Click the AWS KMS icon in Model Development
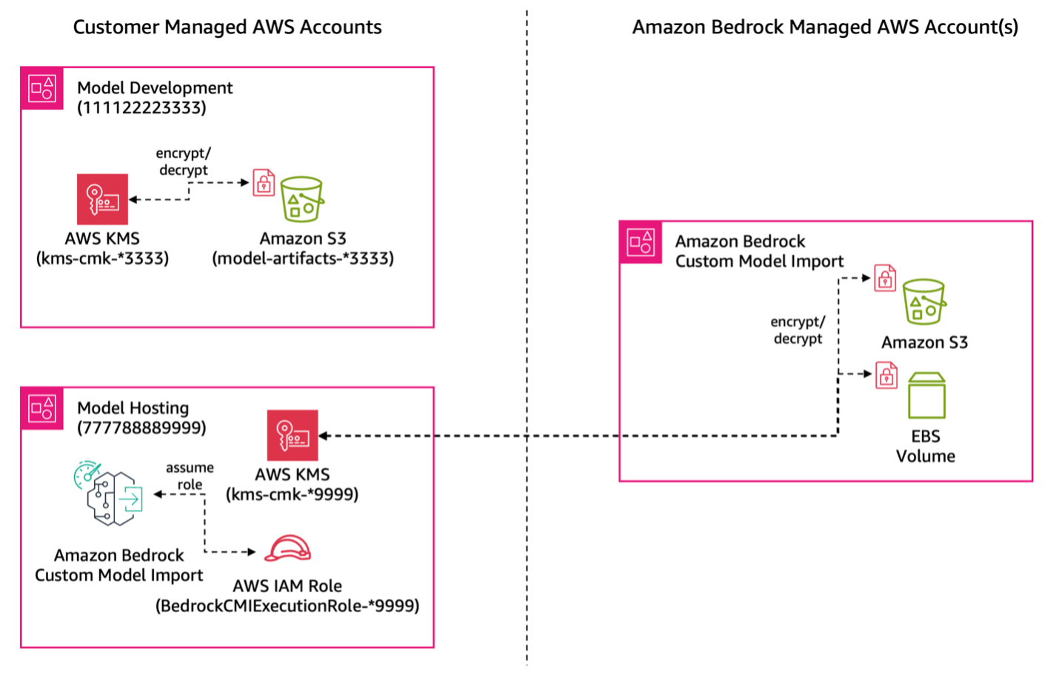[102, 199]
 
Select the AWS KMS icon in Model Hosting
[293, 436]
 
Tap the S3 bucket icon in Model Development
[301, 199]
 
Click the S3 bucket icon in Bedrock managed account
[923, 302]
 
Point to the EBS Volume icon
[926, 396]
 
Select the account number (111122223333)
[141, 108]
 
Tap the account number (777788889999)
[141, 428]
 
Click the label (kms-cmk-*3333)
[102, 259]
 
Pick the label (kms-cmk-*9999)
[292, 494]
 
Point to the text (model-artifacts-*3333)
[303, 259]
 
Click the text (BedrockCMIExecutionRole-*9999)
[287, 606]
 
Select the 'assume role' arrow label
[190, 476]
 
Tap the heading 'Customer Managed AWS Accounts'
[227, 27]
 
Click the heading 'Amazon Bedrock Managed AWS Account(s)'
[825, 27]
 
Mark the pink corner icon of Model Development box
[42, 89]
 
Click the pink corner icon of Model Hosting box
[42, 408]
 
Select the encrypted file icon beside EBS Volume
[886, 376]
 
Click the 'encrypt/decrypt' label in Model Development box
[183, 162]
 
